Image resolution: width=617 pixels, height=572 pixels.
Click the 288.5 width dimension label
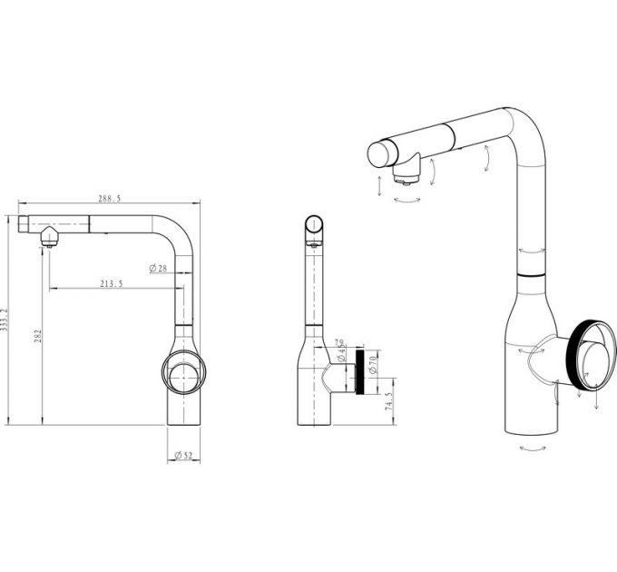coord(110,197)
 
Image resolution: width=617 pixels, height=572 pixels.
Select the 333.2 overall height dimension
coord(5,319)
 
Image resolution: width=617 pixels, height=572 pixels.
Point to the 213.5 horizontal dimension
coord(112,284)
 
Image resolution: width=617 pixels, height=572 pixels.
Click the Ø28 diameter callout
coord(158,268)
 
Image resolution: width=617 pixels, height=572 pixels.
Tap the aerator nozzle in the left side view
coord(48,238)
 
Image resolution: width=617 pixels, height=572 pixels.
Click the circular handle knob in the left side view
coord(184,371)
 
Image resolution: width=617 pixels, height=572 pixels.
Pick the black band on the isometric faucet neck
coord(530,272)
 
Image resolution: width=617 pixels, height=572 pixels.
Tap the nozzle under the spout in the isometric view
coord(408,169)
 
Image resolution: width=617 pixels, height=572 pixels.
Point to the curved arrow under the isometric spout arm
coord(487,161)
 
